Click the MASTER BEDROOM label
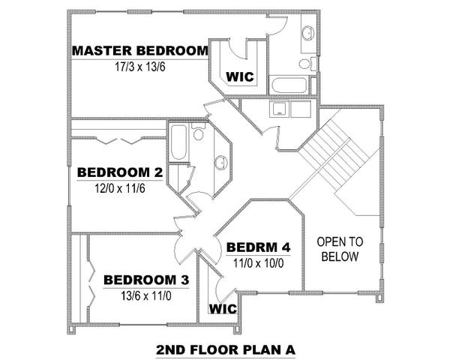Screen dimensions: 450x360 [140, 51]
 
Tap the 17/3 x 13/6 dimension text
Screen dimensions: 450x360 [140, 67]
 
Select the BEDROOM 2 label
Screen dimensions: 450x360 [120, 172]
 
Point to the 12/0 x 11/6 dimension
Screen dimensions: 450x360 [120, 188]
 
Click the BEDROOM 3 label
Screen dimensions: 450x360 [146, 280]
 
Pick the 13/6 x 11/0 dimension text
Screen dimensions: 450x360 [146, 295]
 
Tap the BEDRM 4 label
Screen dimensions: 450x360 [258, 247]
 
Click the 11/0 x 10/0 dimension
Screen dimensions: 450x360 [258, 263]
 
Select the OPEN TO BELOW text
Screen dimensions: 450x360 [340, 249]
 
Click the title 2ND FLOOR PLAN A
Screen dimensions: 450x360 [226, 350]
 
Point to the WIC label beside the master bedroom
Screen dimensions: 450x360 [240, 77]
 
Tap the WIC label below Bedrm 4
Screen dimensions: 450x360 [223, 309]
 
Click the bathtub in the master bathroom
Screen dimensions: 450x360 [288, 85]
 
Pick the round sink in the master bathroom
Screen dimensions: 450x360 [308, 32]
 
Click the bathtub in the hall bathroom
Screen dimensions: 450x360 [178, 142]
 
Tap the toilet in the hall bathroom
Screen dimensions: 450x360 [198, 131]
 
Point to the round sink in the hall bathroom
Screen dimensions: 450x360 [221, 163]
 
